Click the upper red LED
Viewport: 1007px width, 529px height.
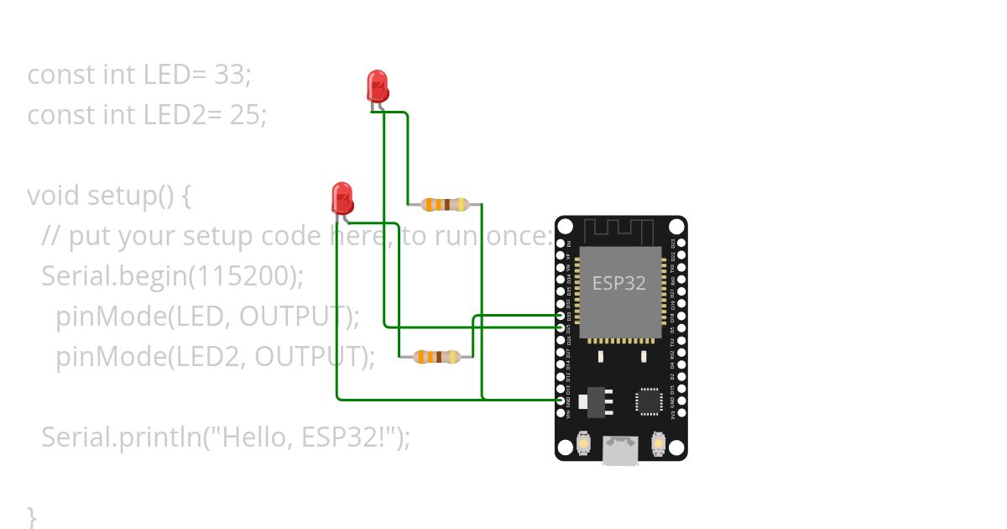(378, 86)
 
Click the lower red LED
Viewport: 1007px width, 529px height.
(342, 198)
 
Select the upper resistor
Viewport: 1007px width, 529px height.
(445, 204)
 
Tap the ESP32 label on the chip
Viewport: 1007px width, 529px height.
(619, 283)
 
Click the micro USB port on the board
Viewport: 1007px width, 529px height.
(620, 451)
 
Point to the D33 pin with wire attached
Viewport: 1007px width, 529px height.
(561, 316)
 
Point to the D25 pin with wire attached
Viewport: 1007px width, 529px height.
(561, 327)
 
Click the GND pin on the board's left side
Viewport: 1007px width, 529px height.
(561, 401)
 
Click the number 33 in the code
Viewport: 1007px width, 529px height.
(232, 75)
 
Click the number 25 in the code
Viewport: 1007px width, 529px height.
(248, 114)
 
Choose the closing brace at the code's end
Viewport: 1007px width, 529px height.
(33, 514)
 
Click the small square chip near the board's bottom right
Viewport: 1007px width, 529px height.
(649, 401)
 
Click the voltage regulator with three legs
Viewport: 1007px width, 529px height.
(597, 401)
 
